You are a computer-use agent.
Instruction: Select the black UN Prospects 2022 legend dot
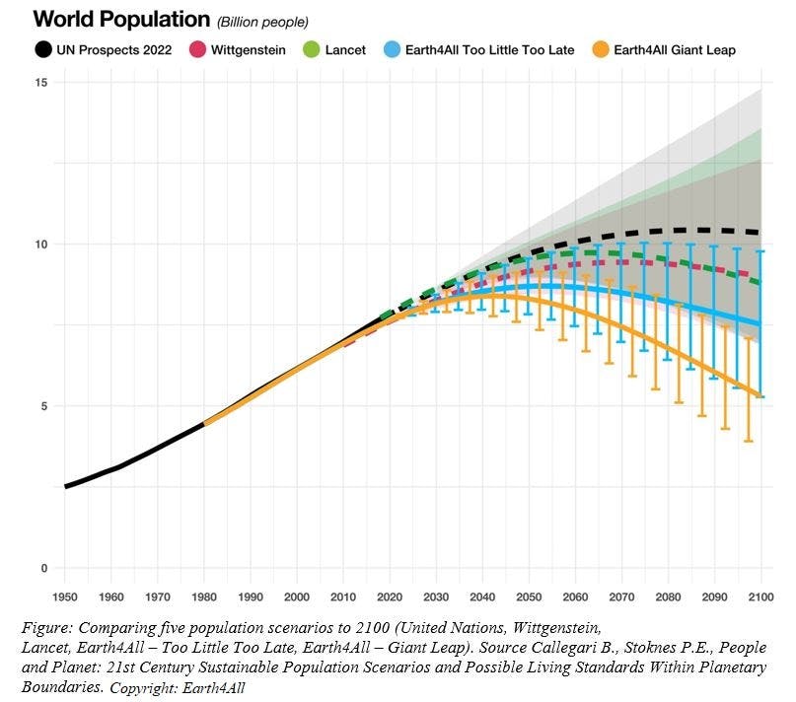tap(43, 49)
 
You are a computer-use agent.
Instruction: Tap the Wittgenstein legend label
tap(248, 49)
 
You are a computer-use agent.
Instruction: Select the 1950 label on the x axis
tap(65, 597)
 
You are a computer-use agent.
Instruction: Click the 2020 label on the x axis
tap(389, 597)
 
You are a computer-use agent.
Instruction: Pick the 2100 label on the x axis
tap(760, 597)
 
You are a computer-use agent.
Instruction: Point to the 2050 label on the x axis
tap(528, 597)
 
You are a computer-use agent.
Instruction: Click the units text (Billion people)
tap(262, 22)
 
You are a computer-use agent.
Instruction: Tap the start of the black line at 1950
tap(66, 486)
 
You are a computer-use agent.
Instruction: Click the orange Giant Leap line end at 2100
tap(760, 396)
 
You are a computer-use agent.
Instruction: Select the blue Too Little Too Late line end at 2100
tap(760, 324)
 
